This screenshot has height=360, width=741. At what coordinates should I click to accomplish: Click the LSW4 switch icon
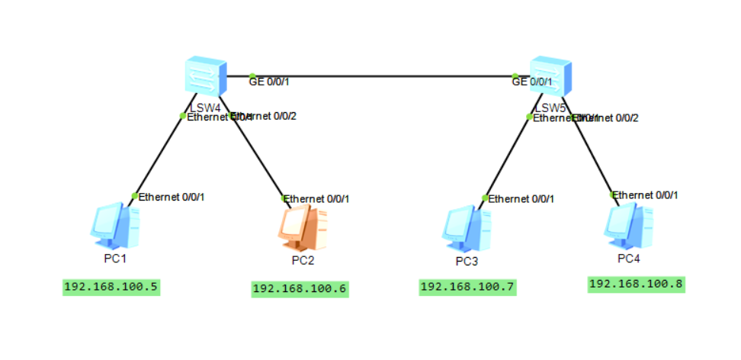click(205, 75)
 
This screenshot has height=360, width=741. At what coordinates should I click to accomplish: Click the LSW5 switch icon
click(550, 75)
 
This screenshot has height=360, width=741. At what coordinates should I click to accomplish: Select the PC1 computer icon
click(115, 226)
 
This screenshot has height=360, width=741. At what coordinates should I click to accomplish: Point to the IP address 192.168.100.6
click(300, 289)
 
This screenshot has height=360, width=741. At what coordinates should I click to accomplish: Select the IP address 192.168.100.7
click(468, 287)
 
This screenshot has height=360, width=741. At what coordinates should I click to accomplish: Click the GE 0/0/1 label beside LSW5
click(532, 82)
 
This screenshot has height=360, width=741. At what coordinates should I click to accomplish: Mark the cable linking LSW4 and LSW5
click(381, 76)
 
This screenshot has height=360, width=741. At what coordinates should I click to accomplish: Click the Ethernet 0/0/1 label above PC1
click(172, 197)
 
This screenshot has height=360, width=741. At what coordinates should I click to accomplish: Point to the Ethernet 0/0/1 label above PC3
click(521, 199)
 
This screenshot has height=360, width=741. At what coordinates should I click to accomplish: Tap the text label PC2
click(303, 261)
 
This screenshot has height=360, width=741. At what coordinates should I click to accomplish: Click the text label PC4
click(629, 259)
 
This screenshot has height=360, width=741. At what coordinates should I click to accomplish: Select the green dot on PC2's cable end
click(284, 198)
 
